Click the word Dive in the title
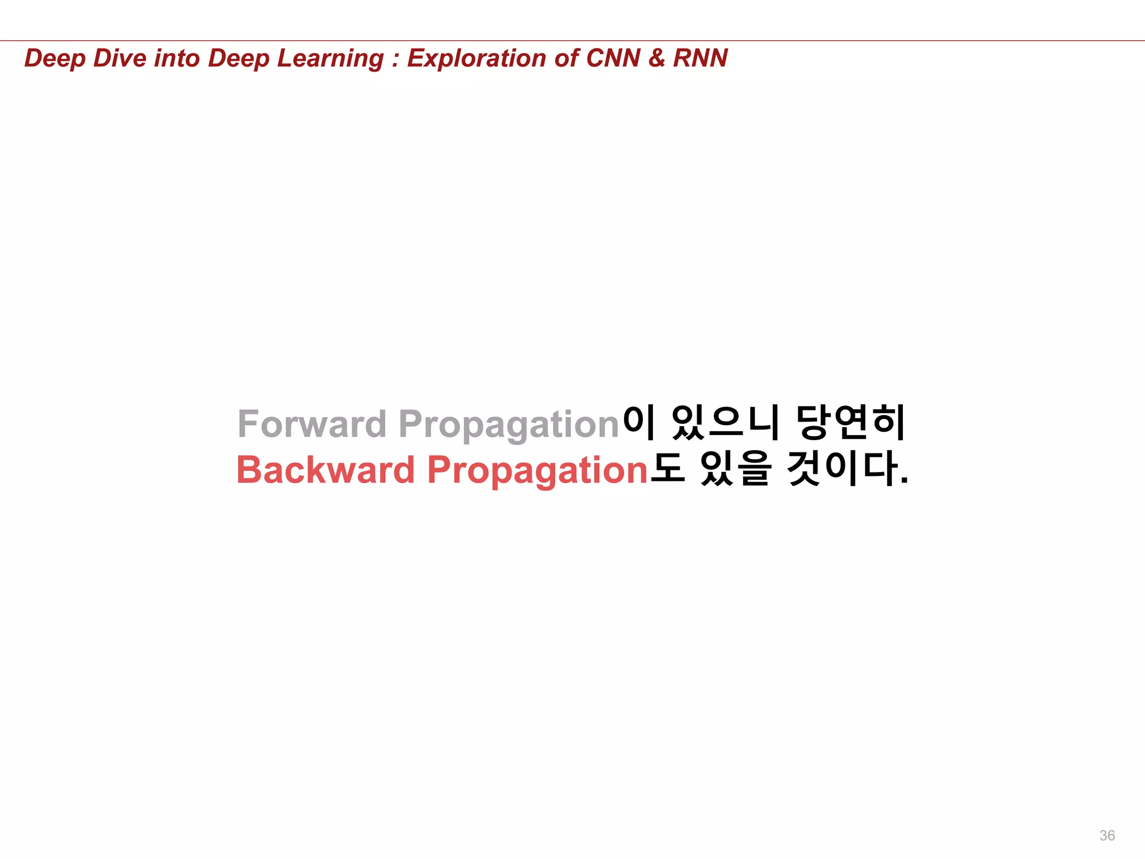tap(120, 58)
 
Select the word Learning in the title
tap(330, 59)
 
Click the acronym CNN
tap(613, 58)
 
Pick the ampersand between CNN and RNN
tap(656, 58)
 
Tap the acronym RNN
tap(700, 58)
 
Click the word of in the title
tap(566, 58)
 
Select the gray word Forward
tap(312, 424)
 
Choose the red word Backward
tap(325, 470)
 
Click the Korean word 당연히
tap(850, 423)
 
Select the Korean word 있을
tap(736, 469)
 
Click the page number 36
tap(1107, 836)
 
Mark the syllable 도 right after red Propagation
tap(668, 469)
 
